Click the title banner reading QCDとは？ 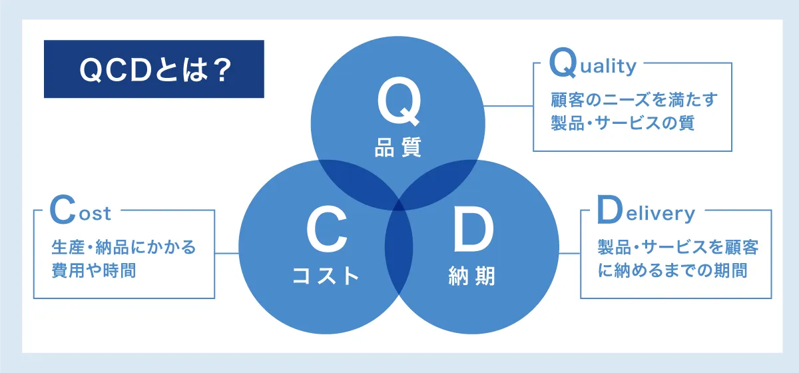click(154, 69)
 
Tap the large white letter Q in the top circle click(399, 101)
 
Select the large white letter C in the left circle click(327, 230)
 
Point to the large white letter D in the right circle click(473, 230)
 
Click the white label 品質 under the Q click(398, 147)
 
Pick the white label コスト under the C click(326, 276)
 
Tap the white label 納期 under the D click(472, 276)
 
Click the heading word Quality click(593, 63)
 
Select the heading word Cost click(81, 210)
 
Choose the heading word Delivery click(646, 210)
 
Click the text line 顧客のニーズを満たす click(634, 100)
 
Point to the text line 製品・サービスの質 click(623, 123)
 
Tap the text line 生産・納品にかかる click(123, 247)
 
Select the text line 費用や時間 click(94, 270)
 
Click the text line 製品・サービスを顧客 click(678, 247)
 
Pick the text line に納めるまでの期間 click(672, 270)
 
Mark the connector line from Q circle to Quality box click(508, 106)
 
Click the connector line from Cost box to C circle click(227, 253)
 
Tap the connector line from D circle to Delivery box click(570, 253)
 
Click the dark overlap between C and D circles click(399, 247)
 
